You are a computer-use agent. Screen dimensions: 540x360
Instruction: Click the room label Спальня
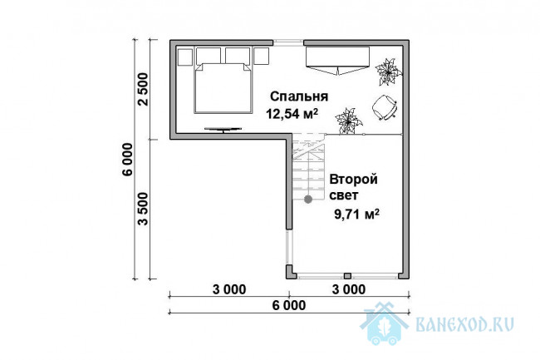pyautogui.click(x=298, y=96)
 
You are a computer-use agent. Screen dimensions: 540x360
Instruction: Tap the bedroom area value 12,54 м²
pyautogui.click(x=292, y=114)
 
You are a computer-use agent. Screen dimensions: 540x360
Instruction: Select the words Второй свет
pyautogui.click(x=353, y=187)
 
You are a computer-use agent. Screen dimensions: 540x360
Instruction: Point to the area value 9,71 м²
pyautogui.click(x=356, y=215)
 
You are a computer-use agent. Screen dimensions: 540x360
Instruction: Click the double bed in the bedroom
pyautogui.click(x=223, y=88)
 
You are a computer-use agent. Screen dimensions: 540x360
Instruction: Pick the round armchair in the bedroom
pyautogui.click(x=385, y=107)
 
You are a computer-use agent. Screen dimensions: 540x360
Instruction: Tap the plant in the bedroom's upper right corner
pyautogui.click(x=389, y=72)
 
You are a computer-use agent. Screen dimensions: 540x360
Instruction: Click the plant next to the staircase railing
pyautogui.click(x=349, y=121)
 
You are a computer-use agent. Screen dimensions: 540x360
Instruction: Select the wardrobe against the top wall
pyautogui.click(x=337, y=61)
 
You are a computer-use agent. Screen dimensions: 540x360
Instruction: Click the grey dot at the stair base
pyautogui.click(x=308, y=199)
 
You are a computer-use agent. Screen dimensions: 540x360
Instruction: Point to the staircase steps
pyautogui.click(x=309, y=168)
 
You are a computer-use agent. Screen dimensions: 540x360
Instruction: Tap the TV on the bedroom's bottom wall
pyautogui.click(x=223, y=130)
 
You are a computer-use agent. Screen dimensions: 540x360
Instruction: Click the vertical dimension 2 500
pyautogui.click(x=142, y=89)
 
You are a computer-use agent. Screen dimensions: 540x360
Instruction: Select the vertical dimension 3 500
pyautogui.click(x=142, y=209)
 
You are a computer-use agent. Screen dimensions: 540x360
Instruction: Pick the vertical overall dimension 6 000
pyautogui.click(x=127, y=159)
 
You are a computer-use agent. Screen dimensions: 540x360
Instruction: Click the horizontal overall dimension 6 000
pyautogui.click(x=288, y=305)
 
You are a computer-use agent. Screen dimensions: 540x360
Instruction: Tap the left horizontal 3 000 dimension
pyautogui.click(x=229, y=289)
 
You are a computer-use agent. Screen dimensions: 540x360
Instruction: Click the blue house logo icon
pyautogui.click(x=384, y=323)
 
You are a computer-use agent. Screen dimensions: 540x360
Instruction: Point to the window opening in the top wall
pyautogui.click(x=288, y=42)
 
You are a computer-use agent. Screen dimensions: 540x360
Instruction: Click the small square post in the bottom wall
pyautogui.click(x=348, y=275)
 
